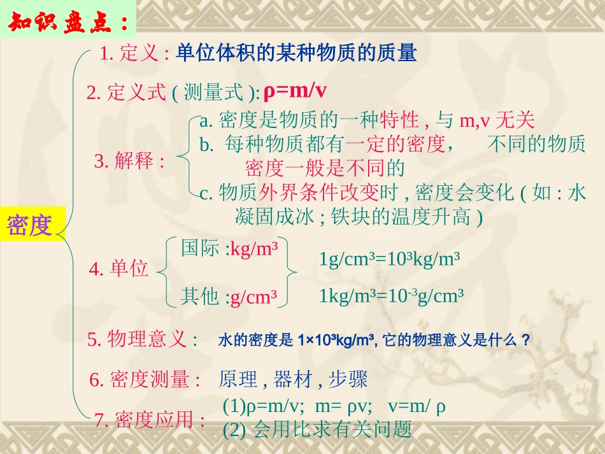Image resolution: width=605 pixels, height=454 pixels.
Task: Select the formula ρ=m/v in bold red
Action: click(294, 91)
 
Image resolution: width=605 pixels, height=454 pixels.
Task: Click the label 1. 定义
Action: click(134, 54)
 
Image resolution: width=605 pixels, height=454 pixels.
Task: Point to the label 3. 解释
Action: click(129, 161)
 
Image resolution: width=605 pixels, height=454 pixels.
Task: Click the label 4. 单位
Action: click(118, 269)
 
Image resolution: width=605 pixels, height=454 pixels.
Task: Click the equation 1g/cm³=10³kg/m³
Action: click(390, 259)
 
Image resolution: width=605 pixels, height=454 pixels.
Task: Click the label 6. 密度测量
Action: click(145, 380)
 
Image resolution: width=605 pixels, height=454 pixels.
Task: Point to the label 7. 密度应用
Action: click(150, 420)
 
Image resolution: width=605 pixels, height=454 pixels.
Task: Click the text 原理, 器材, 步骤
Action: click(293, 380)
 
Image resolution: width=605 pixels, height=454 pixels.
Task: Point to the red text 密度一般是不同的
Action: click(325, 168)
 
